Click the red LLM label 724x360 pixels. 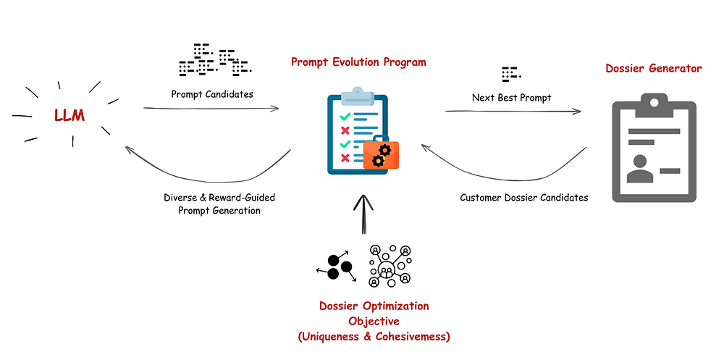tap(70, 115)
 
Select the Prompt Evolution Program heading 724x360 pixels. tap(358, 62)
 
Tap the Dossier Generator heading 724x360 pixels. tap(653, 68)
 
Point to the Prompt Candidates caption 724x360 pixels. tap(212, 94)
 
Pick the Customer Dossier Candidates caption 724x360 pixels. tap(524, 198)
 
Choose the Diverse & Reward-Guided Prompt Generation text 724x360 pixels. tap(219, 204)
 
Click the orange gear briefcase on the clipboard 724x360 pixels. tap(381, 155)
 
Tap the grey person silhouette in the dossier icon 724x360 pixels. tap(640, 169)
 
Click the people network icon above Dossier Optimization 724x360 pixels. tap(390, 266)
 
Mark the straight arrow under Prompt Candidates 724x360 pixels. tap(211, 109)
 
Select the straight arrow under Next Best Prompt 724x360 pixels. tap(513, 111)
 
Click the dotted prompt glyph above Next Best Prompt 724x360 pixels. tap(510, 75)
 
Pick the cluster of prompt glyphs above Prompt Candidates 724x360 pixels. tap(215, 59)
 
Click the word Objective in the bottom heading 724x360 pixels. tap(374, 321)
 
